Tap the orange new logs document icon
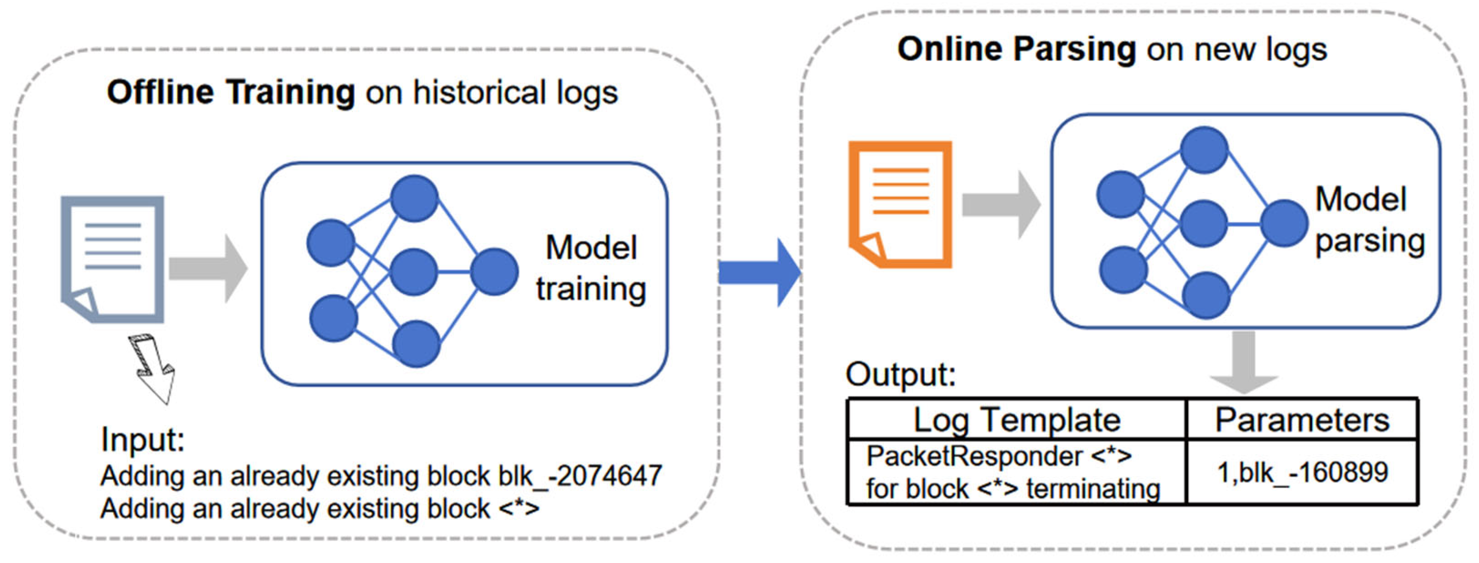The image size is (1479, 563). [900, 204]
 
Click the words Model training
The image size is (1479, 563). [591, 268]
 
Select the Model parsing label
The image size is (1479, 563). [1369, 220]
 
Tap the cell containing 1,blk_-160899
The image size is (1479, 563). [1301, 473]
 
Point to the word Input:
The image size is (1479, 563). [143, 440]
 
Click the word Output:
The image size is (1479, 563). [900, 374]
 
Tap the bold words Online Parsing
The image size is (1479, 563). [1016, 49]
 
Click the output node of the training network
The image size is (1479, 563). [494, 271]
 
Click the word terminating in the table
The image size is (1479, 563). [1093, 489]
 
